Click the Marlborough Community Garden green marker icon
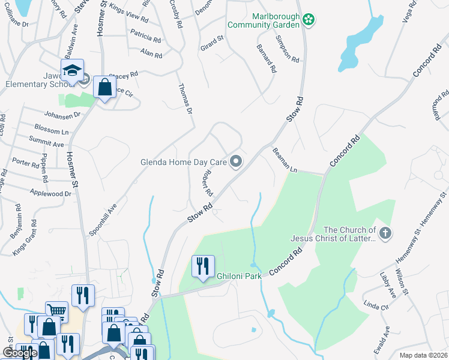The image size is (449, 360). (x=309, y=20)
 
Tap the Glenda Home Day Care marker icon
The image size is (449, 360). (x=237, y=161)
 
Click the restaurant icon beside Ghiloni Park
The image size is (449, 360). (x=203, y=266)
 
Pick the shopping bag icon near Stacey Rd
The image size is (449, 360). (x=104, y=88)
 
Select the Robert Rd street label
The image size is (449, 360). (x=207, y=182)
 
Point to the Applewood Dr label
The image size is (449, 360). (x=50, y=193)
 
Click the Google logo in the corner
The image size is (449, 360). (x=19, y=353)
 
